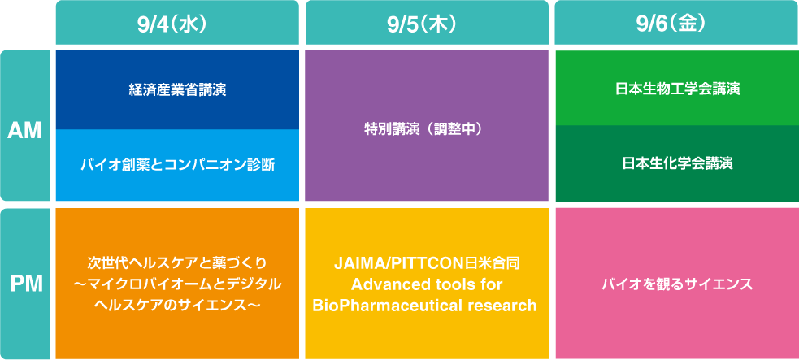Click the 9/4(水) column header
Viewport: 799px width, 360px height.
[x=177, y=23]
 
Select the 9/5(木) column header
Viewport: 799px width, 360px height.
[x=427, y=23]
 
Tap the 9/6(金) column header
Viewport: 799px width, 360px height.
[x=677, y=23]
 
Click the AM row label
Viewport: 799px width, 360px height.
[x=25, y=125]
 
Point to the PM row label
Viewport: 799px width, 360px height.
[x=25, y=284]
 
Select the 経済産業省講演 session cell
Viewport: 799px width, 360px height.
[x=177, y=89]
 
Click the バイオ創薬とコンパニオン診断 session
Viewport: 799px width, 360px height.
[x=177, y=165]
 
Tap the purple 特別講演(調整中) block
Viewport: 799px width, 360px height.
[x=427, y=125]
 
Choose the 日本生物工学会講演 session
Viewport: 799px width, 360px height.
[x=677, y=88]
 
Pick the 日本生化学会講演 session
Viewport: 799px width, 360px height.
[x=677, y=163]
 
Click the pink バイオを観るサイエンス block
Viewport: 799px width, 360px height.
[x=677, y=284]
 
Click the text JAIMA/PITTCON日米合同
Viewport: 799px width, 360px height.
[x=427, y=264]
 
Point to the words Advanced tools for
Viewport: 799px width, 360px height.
[x=427, y=284]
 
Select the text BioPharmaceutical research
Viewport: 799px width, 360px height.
[x=425, y=306]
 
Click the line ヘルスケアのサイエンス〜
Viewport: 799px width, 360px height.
[x=177, y=305]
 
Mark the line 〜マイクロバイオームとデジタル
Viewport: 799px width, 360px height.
[x=177, y=284]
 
